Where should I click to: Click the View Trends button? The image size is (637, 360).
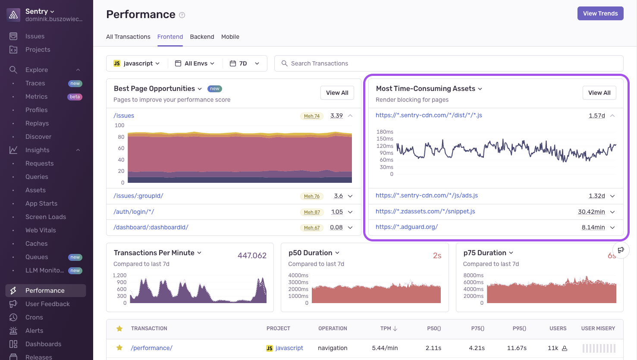(600, 13)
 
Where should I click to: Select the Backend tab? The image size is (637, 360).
(202, 37)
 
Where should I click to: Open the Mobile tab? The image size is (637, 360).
(230, 37)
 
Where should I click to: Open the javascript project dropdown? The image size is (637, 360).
(137, 63)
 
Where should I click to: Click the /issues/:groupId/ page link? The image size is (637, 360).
(138, 196)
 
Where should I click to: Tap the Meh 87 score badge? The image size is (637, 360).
(312, 212)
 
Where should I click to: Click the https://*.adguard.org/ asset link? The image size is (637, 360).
(406, 227)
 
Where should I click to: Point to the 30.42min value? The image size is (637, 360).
(591, 212)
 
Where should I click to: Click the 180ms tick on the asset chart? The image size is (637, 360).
(385, 132)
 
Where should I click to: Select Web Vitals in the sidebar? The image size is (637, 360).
(41, 230)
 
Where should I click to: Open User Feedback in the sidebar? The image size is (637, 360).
(47, 304)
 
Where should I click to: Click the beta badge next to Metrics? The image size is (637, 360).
(75, 97)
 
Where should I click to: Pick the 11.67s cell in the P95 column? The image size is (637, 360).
(517, 348)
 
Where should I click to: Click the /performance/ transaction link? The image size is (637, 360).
(151, 348)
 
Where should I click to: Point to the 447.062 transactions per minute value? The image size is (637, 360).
(252, 256)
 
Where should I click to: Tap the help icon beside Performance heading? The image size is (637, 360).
(182, 15)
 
